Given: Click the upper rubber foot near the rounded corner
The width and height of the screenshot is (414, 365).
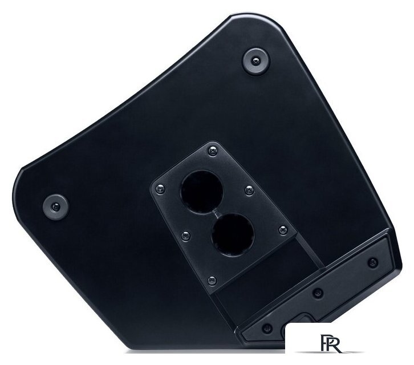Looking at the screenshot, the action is [256, 62].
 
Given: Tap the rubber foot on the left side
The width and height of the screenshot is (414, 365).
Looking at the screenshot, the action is [56, 207].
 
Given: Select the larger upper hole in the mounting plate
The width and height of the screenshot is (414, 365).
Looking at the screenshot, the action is [202, 192].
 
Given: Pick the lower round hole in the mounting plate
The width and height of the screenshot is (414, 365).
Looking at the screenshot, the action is [233, 234].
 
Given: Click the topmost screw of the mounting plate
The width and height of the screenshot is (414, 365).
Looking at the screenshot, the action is [213, 151].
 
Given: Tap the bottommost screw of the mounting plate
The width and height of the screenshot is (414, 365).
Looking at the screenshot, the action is [212, 281].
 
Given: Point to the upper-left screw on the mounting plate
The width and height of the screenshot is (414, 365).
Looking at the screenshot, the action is [160, 189].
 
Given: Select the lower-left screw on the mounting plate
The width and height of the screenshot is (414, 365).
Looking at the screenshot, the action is [186, 236].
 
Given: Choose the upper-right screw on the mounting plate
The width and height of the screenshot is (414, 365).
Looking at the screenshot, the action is [249, 190].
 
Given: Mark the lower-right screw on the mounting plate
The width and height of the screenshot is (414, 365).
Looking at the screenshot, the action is [283, 230].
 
